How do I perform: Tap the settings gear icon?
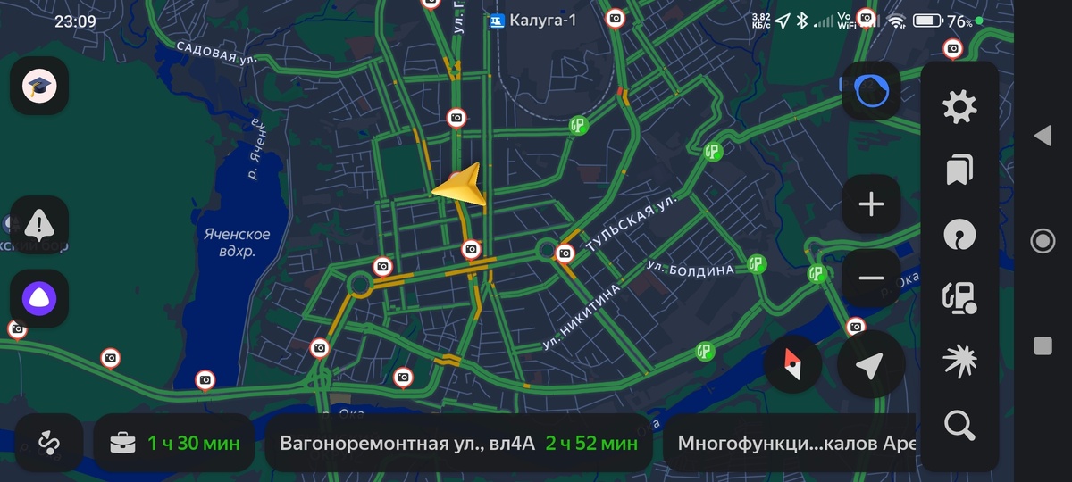tap(959, 108)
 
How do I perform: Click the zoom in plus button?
tap(871, 204)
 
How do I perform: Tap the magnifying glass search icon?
tap(959, 426)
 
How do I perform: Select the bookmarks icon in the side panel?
tap(959, 170)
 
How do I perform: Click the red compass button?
tap(793, 366)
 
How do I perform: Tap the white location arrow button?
tap(871, 366)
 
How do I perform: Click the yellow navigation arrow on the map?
tap(461, 186)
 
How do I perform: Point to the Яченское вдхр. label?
tap(237, 243)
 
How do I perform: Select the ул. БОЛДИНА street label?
tap(690, 269)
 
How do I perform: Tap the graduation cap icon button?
tap(39, 86)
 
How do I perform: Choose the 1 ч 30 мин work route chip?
tap(174, 443)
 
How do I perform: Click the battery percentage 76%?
tap(959, 21)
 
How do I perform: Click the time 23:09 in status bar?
tap(75, 21)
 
